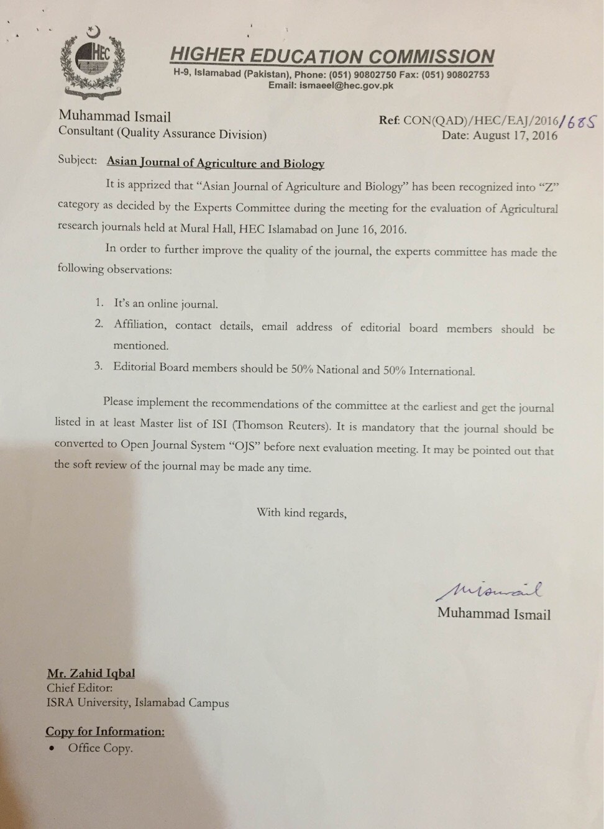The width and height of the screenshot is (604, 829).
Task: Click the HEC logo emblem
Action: pyautogui.click(x=91, y=62)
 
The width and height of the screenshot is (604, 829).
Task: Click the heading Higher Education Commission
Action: pyautogui.click(x=332, y=56)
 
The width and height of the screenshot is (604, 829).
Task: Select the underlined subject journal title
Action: pyautogui.click(x=216, y=163)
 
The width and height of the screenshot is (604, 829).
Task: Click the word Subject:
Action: pyautogui.click(x=77, y=160)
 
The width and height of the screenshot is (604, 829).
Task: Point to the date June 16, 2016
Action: pyautogui.click(x=372, y=229)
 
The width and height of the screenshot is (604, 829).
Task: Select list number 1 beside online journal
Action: pyautogui.click(x=99, y=303)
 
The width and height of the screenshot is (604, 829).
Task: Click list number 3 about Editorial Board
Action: pyautogui.click(x=98, y=365)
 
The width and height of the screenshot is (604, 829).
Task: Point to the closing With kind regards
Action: pyautogui.click(x=301, y=513)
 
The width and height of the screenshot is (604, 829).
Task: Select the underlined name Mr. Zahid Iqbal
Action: pyautogui.click(x=91, y=673)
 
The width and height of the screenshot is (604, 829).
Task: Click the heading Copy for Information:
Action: pyautogui.click(x=105, y=731)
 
